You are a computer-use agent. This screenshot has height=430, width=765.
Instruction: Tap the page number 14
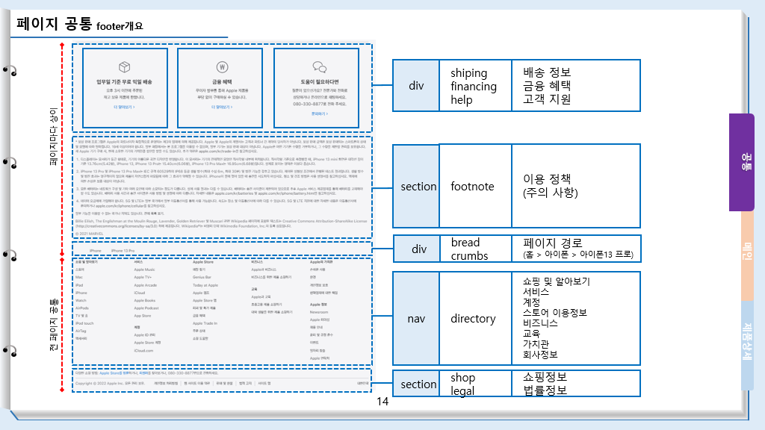coord(382,402)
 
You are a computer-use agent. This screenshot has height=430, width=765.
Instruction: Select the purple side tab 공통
coord(746,161)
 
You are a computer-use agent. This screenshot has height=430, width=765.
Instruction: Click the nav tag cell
coord(416,319)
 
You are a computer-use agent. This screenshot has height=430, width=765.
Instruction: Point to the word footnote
coord(472,187)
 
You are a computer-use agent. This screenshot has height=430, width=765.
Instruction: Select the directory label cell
coord(473,319)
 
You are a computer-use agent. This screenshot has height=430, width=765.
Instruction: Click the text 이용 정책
coord(548,179)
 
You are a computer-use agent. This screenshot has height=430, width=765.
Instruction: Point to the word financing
coord(474,86)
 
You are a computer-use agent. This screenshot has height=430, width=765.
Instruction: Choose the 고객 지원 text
coord(547,99)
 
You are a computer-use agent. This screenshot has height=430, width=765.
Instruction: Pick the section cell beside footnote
coord(418,187)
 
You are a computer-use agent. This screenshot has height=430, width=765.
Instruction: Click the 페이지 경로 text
coord(552,243)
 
